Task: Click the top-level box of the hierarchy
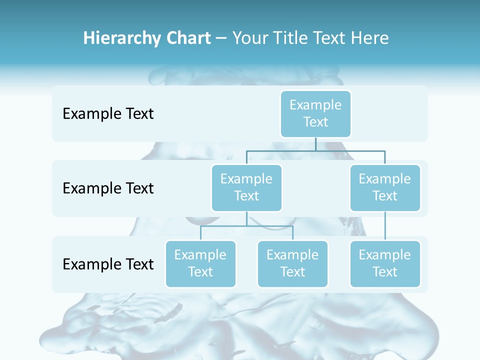click(x=315, y=113)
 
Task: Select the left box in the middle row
click(x=246, y=187)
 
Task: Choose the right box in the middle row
click(x=385, y=187)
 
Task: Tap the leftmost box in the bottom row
click(x=200, y=263)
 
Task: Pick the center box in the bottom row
click(x=292, y=263)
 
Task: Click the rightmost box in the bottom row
click(x=385, y=263)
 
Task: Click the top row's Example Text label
click(x=108, y=114)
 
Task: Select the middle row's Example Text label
click(x=108, y=188)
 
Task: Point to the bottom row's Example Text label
click(x=108, y=264)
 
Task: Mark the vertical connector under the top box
click(x=315, y=144)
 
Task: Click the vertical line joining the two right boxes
click(x=385, y=226)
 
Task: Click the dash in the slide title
click(x=221, y=38)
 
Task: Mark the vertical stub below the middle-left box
click(x=246, y=218)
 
